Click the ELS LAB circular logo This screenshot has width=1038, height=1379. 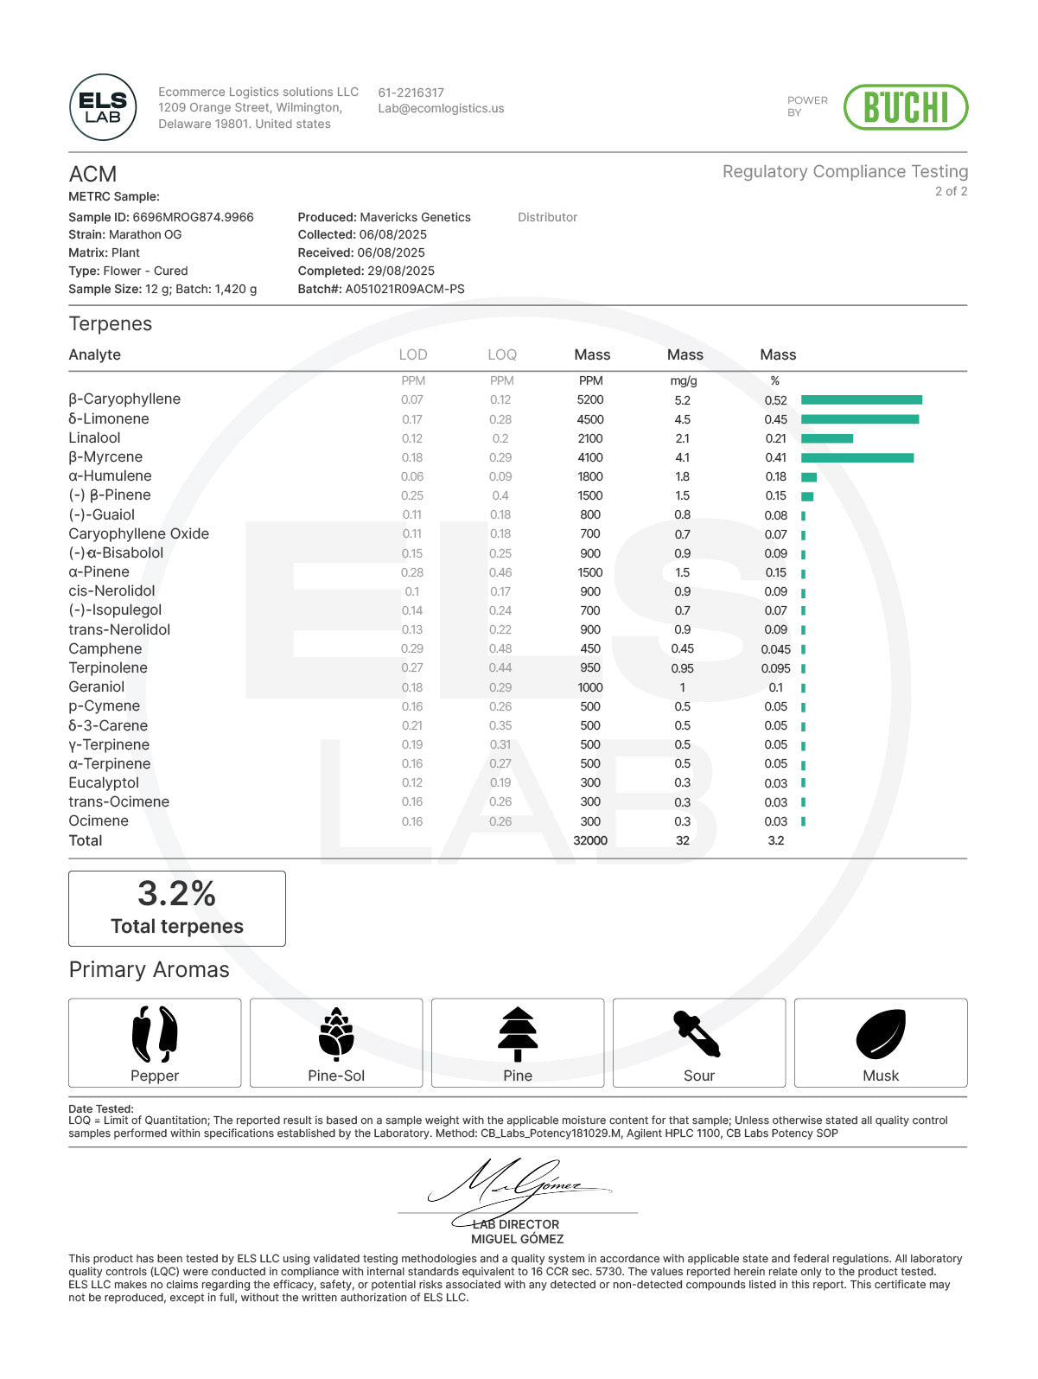click(103, 107)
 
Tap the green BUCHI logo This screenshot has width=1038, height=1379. click(905, 107)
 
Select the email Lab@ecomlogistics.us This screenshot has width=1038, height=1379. click(441, 109)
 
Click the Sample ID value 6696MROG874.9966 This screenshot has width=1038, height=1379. click(193, 217)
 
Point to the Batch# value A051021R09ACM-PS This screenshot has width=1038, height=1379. click(404, 289)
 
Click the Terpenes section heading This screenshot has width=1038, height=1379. click(111, 324)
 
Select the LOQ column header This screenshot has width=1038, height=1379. click(501, 354)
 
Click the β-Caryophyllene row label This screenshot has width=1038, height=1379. click(124, 399)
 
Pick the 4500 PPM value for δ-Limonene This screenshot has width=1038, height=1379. click(590, 419)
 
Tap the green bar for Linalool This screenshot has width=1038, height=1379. click(826, 438)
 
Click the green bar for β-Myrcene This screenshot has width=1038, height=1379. click(857, 457)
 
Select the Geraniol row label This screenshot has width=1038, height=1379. click(97, 687)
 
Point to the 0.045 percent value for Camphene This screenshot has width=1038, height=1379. click(775, 649)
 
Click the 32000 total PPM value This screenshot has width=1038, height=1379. click(590, 840)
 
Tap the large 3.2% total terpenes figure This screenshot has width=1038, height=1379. click(177, 894)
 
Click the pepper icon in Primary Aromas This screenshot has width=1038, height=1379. click(155, 1034)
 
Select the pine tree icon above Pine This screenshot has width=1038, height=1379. click(518, 1034)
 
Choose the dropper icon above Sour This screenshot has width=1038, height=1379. click(697, 1034)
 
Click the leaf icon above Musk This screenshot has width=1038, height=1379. click(880, 1034)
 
